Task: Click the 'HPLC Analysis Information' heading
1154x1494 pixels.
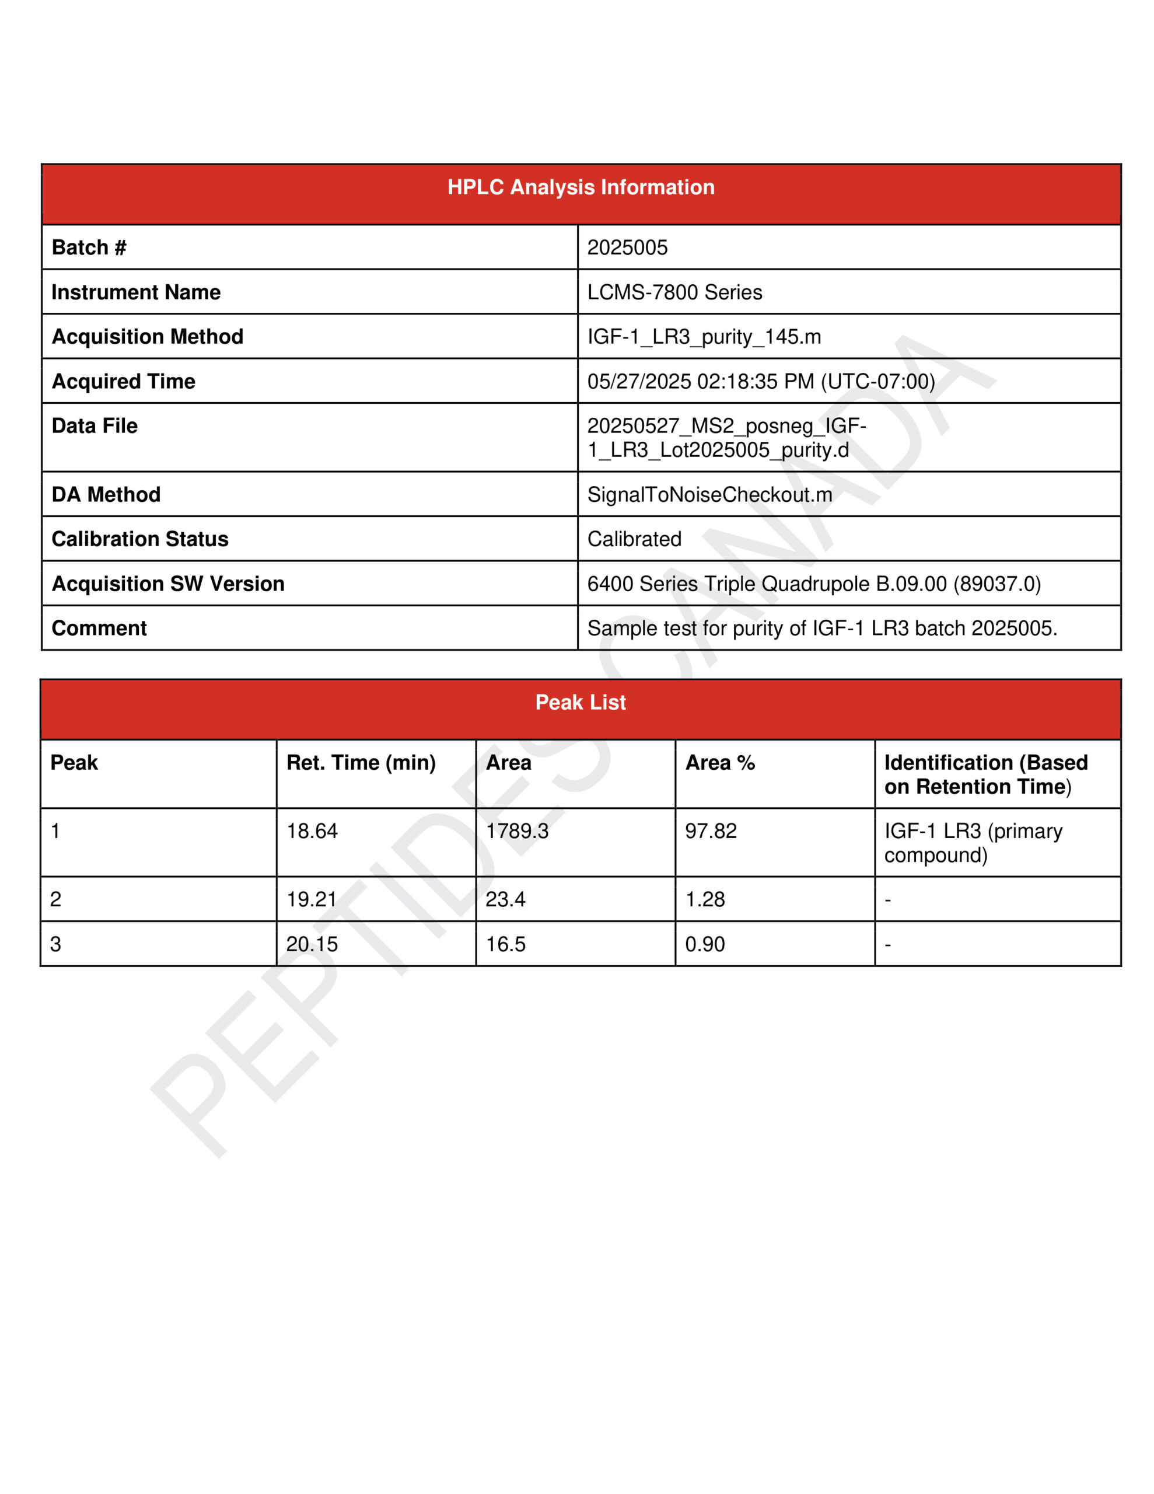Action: [580, 187]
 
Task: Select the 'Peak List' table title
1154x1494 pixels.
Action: [580, 702]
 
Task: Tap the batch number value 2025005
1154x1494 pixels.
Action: [627, 247]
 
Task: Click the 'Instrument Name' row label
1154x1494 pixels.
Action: [136, 292]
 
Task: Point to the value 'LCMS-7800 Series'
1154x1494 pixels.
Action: [674, 292]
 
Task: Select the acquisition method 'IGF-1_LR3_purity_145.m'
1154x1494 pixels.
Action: [704, 337]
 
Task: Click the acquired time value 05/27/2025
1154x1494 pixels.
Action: [761, 381]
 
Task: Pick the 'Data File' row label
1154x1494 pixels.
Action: [95, 425]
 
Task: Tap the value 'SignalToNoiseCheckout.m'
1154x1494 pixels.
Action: [709, 494]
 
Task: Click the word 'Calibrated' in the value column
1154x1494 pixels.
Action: [634, 539]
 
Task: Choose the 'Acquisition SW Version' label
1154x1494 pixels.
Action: [167, 584]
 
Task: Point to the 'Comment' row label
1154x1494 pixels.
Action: [99, 628]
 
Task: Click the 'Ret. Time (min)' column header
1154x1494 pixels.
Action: [361, 762]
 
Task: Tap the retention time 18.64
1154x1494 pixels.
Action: [312, 830]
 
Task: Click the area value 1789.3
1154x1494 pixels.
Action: [517, 830]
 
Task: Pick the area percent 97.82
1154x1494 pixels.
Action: [711, 830]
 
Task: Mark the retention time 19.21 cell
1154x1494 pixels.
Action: [312, 899]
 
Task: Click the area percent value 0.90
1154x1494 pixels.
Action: [705, 944]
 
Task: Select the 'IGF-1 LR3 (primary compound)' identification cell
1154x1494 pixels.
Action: [973, 842]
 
